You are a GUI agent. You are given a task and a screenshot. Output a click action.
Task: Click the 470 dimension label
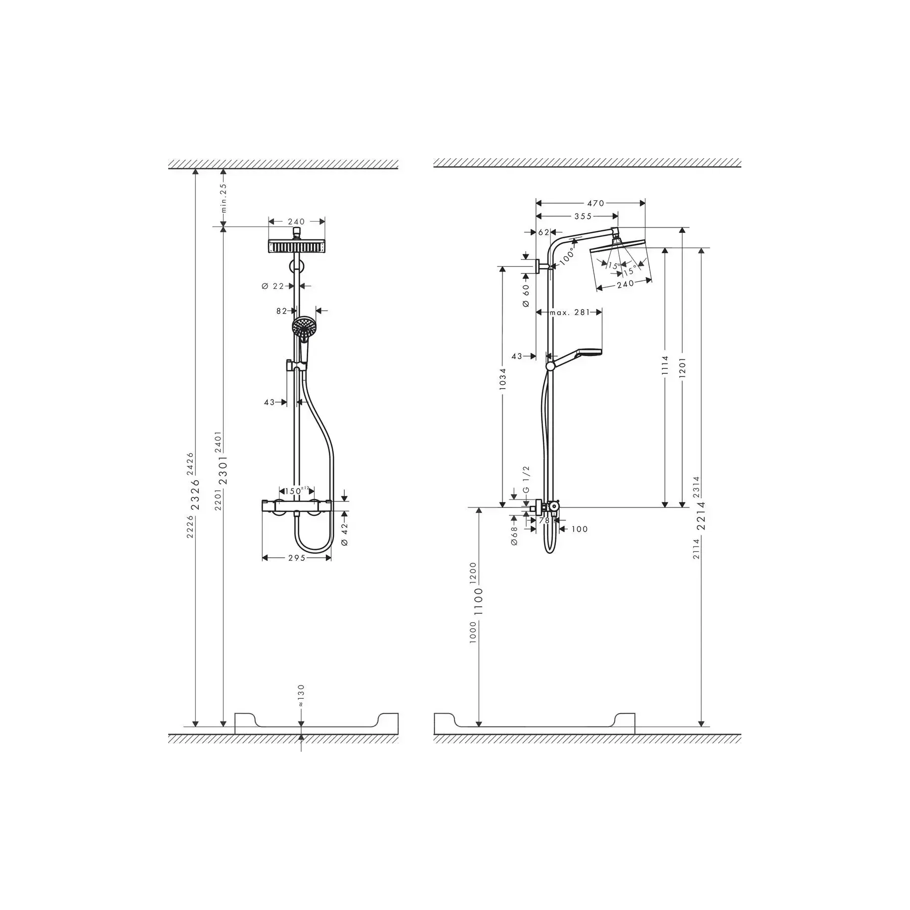pyautogui.click(x=595, y=203)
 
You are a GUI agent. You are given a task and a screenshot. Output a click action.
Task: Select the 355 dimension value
pyautogui.click(x=583, y=216)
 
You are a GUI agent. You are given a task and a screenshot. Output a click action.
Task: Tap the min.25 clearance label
pyautogui.click(x=224, y=198)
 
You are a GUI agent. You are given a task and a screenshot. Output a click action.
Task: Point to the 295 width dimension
pyautogui.click(x=297, y=558)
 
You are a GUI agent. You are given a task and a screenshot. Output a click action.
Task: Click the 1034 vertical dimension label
pyautogui.click(x=502, y=379)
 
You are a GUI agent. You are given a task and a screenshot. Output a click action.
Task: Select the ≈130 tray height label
pyautogui.click(x=301, y=696)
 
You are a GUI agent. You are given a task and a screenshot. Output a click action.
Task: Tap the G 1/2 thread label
pyautogui.click(x=526, y=479)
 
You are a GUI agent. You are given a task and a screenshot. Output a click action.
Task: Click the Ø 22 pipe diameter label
pyautogui.click(x=273, y=286)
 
